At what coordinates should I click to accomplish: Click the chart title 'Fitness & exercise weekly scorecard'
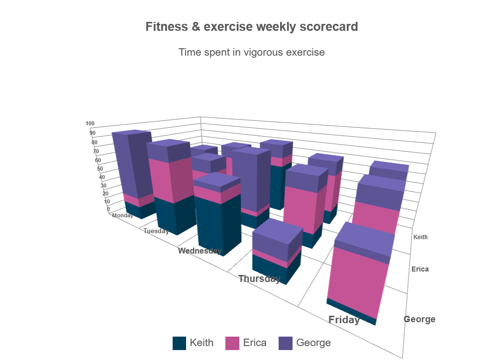pos(251,27)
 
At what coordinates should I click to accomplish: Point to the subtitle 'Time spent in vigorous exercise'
pos(251,52)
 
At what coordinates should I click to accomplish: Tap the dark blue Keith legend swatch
pos(179,343)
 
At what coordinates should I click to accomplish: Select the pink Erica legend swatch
pos(232,343)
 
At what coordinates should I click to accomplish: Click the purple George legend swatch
pos(285,343)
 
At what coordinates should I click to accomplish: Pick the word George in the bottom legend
pos(313,343)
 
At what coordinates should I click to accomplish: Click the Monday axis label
pos(122,216)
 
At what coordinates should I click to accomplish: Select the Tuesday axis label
pos(156,231)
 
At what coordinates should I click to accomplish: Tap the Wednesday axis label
pos(200,251)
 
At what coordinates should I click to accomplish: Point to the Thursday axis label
pos(259,278)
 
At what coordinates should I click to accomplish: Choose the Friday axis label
pos(344,320)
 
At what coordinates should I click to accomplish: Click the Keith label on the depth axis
pos(420,237)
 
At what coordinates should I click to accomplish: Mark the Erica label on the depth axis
pos(420,270)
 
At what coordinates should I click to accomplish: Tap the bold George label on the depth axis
pos(419,319)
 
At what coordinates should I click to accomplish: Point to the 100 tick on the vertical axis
pos(90,124)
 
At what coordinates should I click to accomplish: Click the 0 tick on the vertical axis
pos(108,209)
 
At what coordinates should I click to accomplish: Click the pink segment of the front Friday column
pos(358,278)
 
